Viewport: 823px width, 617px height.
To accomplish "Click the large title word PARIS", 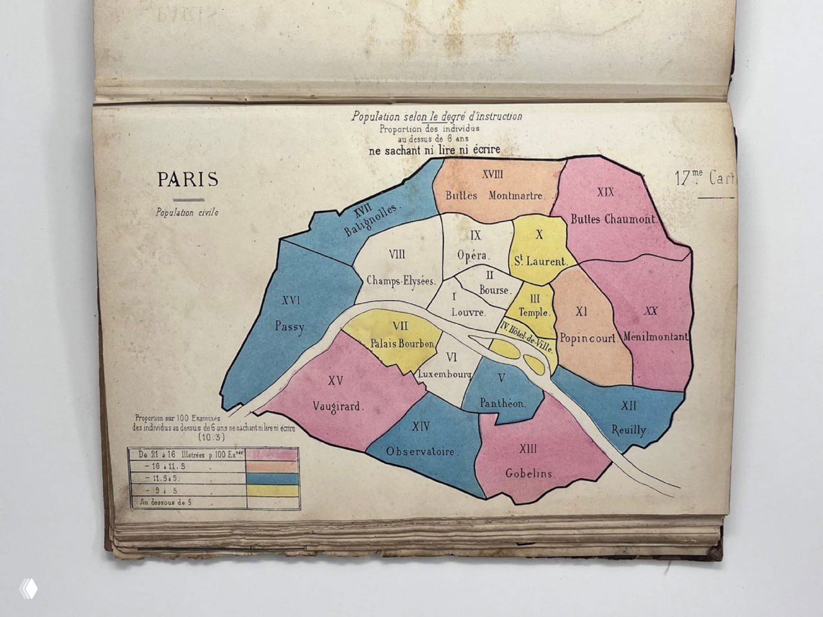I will pos(188,179).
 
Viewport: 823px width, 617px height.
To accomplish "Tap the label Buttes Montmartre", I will pos(494,195).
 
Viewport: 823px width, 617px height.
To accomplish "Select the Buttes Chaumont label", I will pos(613,219).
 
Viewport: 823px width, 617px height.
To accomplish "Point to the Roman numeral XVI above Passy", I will pos(291,300).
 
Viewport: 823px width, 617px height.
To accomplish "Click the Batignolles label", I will pos(372,217).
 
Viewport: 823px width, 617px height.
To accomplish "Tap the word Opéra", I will pos(473,255).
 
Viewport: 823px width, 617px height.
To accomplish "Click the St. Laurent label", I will pos(540,262).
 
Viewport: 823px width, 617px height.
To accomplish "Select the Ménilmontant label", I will pos(656,337).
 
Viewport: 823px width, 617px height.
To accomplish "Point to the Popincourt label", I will pos(587,337).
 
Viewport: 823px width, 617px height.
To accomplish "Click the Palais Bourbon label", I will pos(402,344).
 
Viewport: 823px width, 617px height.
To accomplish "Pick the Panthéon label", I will pos(502,404).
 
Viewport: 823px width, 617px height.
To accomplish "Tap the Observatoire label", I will pos(422,452).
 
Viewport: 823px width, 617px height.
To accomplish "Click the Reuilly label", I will pos(629,430).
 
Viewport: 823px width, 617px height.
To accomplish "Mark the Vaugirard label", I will pos(338,406).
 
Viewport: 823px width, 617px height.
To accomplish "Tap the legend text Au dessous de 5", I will pos(166,502).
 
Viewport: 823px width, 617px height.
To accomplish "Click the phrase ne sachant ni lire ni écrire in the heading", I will pos(434,150).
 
